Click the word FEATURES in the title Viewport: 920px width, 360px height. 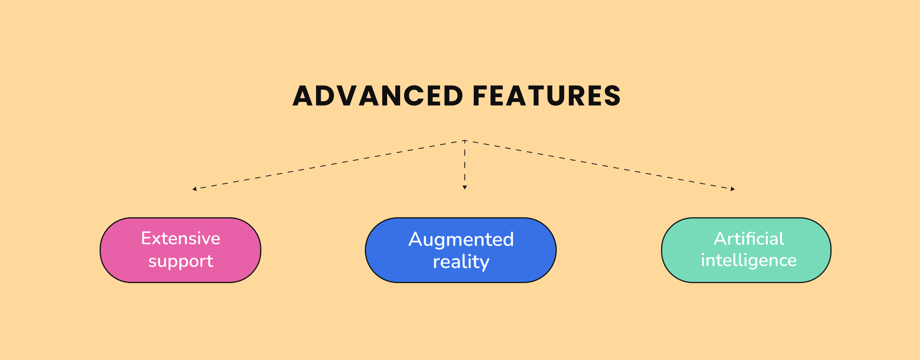(546, 96)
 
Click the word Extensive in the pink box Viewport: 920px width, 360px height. (180, 239)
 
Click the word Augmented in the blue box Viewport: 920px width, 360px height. (461, 239)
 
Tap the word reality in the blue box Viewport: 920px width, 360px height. (461, 262)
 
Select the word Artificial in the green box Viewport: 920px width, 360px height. (749, 239)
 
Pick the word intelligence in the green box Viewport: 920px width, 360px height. (749, 260)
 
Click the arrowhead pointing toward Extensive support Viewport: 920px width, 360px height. (194, 189)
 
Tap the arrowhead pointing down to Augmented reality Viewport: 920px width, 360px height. (465, 188)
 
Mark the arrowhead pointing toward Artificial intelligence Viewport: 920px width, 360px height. (733, 189)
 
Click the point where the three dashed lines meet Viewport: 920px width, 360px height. (465, 141)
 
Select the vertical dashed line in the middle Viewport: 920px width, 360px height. (465, 165)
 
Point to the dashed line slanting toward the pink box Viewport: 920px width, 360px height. (329, 165)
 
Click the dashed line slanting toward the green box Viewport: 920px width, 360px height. (599, 165)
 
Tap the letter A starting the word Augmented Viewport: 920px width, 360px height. (415, 239)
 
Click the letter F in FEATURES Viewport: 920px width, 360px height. (480, 96)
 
